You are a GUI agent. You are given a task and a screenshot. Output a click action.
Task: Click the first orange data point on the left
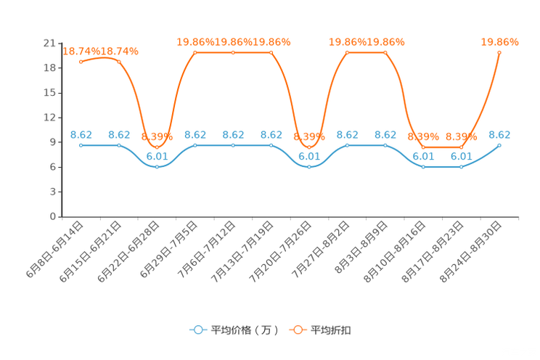pos(81,62)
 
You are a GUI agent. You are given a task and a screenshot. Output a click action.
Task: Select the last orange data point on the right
pos(499,52)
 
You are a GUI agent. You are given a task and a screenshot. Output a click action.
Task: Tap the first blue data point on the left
pos(81,145)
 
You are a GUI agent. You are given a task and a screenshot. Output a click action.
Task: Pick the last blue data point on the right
pos(499,145)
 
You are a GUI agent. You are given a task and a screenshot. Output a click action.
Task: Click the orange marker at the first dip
pos(157,147)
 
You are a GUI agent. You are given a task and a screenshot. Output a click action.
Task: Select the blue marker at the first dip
pos(157,166)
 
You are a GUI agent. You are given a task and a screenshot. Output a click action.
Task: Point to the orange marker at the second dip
pos(309,147)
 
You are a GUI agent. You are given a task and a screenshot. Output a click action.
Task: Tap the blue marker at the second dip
pos(309,166)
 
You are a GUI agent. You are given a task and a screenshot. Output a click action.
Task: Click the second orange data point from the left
pos(119,62)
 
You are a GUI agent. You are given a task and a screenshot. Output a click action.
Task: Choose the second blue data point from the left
pos(119,145)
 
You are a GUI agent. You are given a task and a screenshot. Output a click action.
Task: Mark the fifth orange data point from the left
pos(233,52)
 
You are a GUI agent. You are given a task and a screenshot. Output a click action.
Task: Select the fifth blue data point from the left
pos(233,145)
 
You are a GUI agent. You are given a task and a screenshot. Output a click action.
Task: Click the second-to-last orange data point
pos(462,147)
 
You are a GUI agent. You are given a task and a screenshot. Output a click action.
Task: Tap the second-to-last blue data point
pos(462,166)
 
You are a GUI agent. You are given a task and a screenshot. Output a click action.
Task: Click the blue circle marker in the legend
pos(198,330)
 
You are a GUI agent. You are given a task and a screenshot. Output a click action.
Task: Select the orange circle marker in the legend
pos(298,330)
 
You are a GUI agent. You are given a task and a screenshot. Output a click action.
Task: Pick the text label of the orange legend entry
pos(332,330)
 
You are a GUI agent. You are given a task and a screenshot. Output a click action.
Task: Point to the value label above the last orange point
pos(500,42)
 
